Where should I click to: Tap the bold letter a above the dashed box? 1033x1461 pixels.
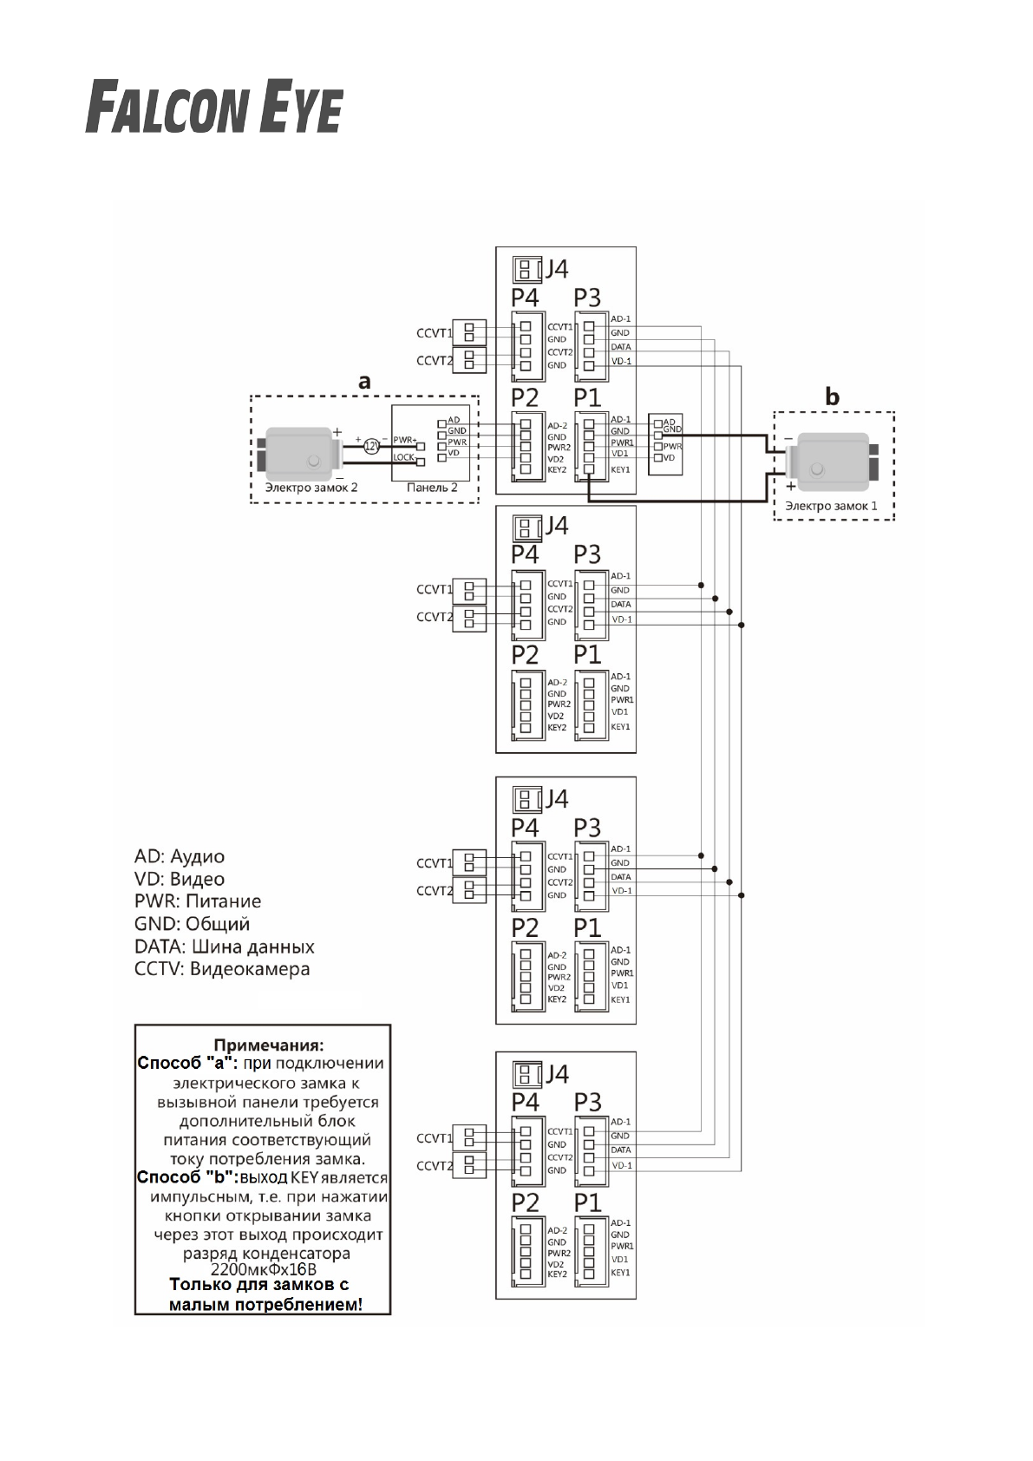click(364, 381)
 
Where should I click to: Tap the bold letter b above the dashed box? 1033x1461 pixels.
click(832, 397)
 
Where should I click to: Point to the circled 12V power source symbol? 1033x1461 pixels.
click(370, 446)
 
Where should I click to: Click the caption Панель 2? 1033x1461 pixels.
click(432, 488)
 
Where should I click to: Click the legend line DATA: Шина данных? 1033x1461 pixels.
click(225, 947)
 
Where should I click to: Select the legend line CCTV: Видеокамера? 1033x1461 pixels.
click(222, 969)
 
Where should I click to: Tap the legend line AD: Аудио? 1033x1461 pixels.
click(180, 856)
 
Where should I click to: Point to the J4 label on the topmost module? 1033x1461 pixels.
click(555, 269)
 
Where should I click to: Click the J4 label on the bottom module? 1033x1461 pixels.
click(555, 1074)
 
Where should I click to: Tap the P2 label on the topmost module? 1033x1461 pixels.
click(525, 398)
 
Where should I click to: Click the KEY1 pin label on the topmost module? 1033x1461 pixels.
click(620, 470)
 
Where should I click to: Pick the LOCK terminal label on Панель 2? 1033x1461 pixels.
click(404, 457)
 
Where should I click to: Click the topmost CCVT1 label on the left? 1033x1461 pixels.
click(434, 333)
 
